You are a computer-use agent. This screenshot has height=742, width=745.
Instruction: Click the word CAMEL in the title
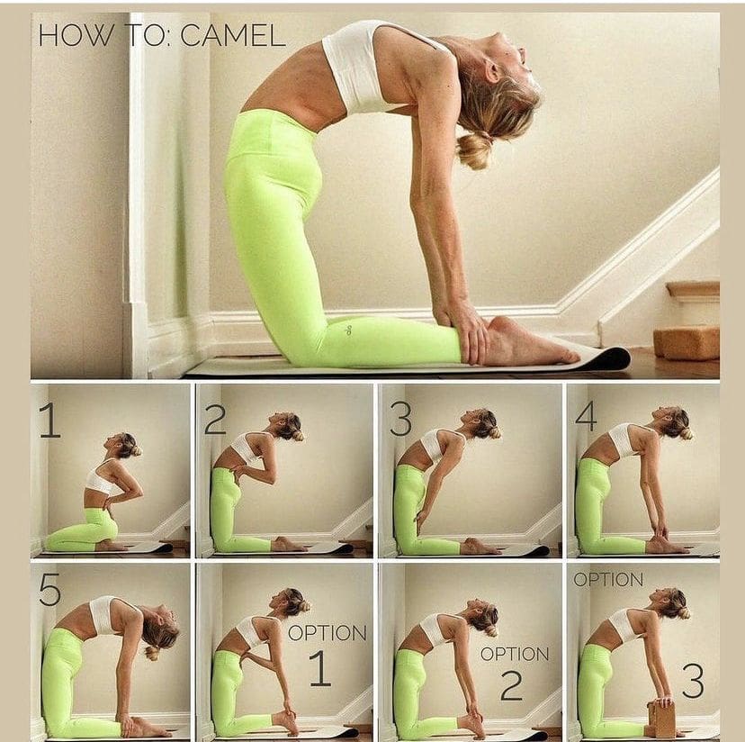point(233,35)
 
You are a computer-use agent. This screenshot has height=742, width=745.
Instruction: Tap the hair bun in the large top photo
point(473,149)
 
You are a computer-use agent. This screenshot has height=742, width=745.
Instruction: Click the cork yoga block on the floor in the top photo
point(687,342)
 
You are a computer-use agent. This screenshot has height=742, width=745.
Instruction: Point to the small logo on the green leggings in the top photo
point(350,330)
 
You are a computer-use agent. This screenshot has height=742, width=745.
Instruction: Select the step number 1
point(49,420)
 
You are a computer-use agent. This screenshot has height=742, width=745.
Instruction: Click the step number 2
point(215,418)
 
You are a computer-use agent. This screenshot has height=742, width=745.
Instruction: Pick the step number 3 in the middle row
point(400,419)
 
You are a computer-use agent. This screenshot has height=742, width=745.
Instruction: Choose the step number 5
point(49,589)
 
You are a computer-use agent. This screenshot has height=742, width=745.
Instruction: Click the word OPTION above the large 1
point(328,633)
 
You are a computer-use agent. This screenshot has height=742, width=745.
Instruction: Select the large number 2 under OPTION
point(512,685)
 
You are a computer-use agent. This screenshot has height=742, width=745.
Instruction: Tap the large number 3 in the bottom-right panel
point(693,681)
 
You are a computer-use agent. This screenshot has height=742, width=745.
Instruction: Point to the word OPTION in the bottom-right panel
point(608,579)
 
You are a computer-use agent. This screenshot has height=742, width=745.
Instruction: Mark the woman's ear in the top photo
point(493,71)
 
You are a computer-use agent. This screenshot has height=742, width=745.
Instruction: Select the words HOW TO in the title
point(101,36)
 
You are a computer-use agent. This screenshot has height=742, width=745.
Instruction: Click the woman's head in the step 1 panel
point(123,445)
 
